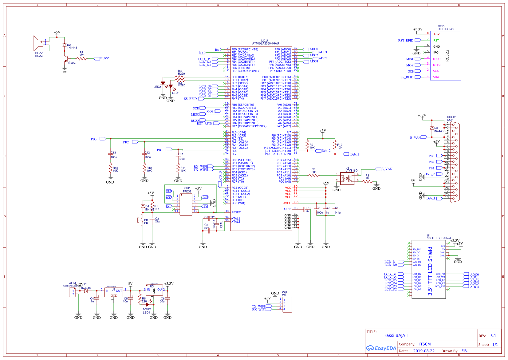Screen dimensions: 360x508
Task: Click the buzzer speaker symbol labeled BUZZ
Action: click(x=38, y=43)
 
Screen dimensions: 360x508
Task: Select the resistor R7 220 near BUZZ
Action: click(x=81, y=58)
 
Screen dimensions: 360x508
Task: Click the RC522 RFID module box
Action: click(x=445, y=56)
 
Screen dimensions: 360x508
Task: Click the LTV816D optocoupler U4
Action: click(x=347, y=179)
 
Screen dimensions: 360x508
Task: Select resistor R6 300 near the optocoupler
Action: click(x=314, y=175)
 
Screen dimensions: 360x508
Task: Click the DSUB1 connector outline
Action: click(x=455, y=162)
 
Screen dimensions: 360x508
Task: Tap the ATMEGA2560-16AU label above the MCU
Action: click(x=265, y=44)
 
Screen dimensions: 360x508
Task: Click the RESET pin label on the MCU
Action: click(x=236, y=212)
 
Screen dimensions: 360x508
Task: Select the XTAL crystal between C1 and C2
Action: click(x=217, y=225)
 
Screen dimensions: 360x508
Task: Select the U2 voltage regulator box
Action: click(x=114, y=292)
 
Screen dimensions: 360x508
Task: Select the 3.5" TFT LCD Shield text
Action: click(x=430, y=271)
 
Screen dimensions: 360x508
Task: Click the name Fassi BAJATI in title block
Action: click(x=396, y=335)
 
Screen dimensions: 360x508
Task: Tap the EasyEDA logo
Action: click(x=381, y=348)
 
